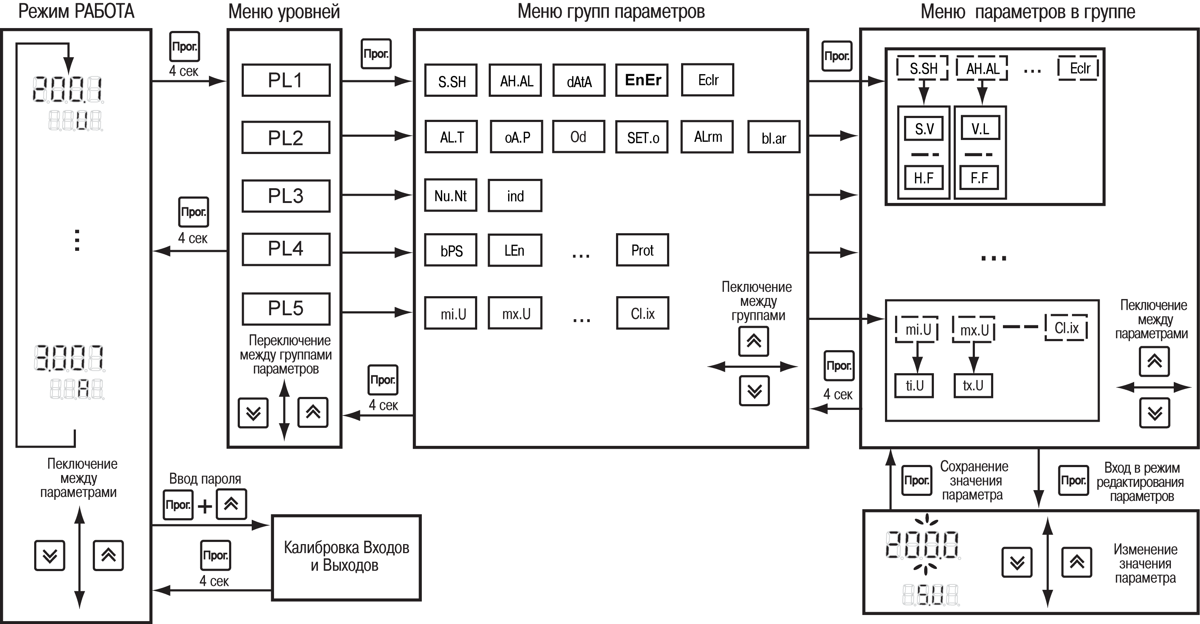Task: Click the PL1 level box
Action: click(286, 80)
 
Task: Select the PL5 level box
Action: click(286, 308)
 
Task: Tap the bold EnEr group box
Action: click(642, 80)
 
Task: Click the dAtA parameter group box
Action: click(579, 80)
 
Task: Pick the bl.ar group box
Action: click(774, 137)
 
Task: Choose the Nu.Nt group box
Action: click(451, 195)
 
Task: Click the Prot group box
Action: click(642, 250)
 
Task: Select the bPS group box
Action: click(451, 250)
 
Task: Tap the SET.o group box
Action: click(642, 137)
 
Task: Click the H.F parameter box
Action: click(924, 177)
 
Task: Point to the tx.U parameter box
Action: click(973, 385)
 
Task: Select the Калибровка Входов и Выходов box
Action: click(346, 557)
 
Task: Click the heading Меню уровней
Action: click(284, 12)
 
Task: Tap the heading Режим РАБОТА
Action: click(76, 12)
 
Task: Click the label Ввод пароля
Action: click(205, 479)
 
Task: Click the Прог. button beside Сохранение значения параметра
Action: click(917, 480)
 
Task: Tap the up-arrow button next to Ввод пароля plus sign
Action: click(231, 504)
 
